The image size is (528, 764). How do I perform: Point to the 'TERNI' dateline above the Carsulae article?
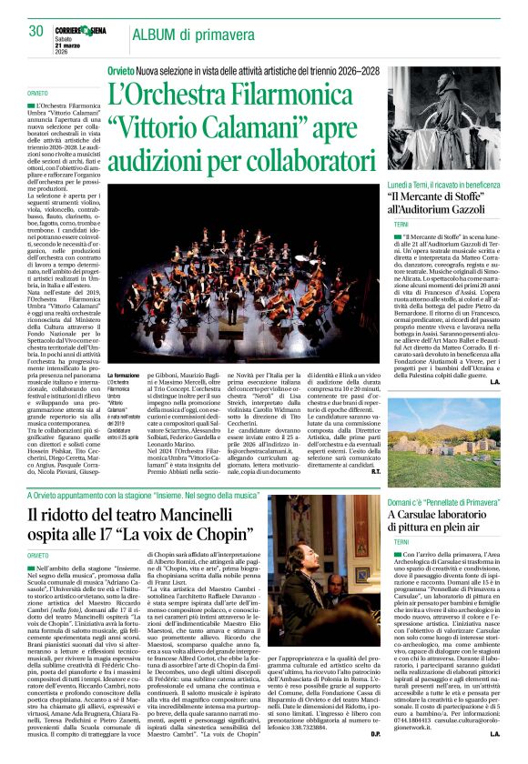tap(402, 540)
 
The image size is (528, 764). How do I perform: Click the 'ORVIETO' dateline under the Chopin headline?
tap(37, 555)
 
